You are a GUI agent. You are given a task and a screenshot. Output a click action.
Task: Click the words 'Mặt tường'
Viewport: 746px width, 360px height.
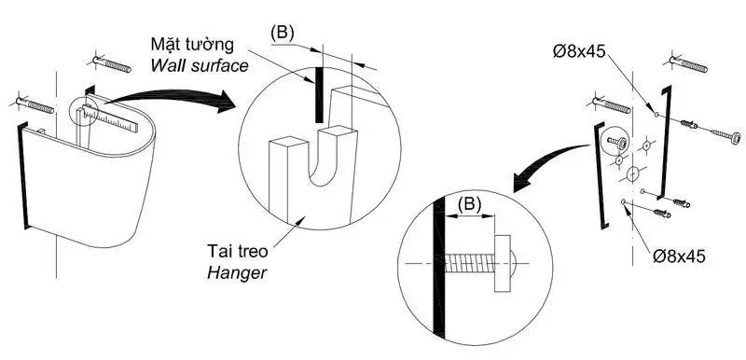click(192, 44)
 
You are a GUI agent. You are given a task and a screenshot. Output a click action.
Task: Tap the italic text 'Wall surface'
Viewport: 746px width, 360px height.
click(200, 65)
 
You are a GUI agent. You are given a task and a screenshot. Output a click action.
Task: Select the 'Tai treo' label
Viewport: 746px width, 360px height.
click(238, 251)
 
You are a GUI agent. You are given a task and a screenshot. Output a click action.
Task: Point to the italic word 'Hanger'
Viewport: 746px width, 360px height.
click(237, 273)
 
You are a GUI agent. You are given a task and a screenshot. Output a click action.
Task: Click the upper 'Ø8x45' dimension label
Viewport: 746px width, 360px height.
click(578, 51)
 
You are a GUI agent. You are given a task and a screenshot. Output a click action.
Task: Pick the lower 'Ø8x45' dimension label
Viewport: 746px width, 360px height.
click(679, 256)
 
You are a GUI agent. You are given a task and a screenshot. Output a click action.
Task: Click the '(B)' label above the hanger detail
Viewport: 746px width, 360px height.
click(283, 33)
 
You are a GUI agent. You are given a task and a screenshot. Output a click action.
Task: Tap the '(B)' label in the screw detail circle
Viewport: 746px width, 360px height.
click(469, 203)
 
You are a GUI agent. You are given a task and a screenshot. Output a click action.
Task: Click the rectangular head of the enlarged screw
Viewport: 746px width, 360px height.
click(503, 263)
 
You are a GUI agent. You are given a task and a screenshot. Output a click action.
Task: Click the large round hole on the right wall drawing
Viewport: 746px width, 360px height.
click(632, 174)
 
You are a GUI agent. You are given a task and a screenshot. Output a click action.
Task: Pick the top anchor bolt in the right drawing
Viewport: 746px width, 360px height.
click(688, 64)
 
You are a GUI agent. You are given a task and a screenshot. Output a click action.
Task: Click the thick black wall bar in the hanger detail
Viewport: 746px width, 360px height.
click(319, 94)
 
